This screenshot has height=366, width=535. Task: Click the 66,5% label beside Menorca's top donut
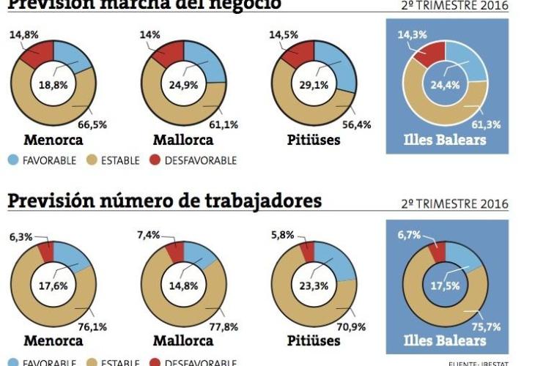pyautogui.click(x=92, y=124)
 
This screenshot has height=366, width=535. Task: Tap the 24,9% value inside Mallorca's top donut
pyautogui.click(x=184, y=84)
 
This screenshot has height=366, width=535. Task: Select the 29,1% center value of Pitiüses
pyautogui.click(x=314, y=84)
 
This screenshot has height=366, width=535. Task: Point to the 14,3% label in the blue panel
pyautogui.click(x=413, y=34)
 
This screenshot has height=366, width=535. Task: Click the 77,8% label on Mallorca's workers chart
pyautogui.click(x=224, y=327)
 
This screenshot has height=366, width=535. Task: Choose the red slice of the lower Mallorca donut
pyautogui.click(x=175, y=252)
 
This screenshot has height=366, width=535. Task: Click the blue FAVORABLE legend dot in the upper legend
pyautogui.click(x=15, y=160)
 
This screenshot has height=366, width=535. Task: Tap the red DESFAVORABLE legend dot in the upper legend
pyautogui.click(x=155, y=160)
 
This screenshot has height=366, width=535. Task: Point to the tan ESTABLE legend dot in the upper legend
pyautogui.click(x=93, y=160)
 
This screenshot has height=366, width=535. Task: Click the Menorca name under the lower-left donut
pyautogui.click(x=53, y=341)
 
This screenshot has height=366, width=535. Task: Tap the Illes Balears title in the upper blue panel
pyautogui.click(x=445, y=139)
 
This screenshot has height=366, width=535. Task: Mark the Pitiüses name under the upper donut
pyautogui.click(x=314, y=139)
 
